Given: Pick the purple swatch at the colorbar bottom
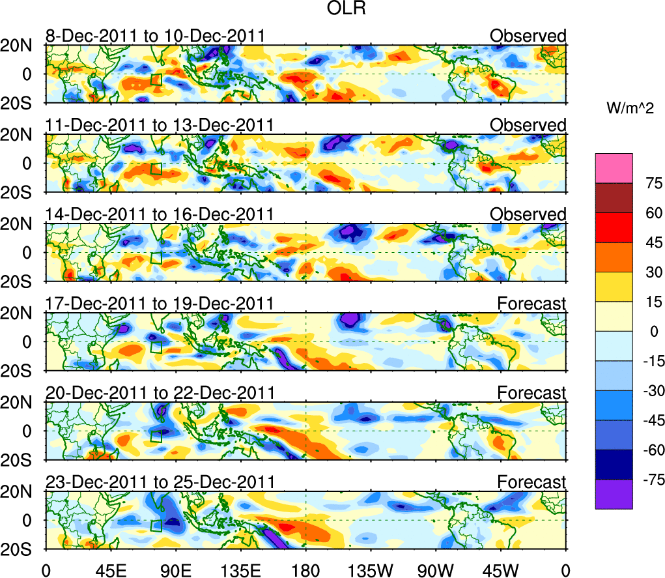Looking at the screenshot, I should tap(614, 494).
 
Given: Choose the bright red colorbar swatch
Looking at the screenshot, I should tap(614, 227).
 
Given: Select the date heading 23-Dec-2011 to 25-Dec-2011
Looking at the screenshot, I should tap(160, 482).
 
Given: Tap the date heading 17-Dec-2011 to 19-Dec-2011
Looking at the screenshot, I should tap(160, 304).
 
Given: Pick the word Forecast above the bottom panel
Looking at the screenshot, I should tap(532, 482).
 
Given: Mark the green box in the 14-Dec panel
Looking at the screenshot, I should tap(156, 258).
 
